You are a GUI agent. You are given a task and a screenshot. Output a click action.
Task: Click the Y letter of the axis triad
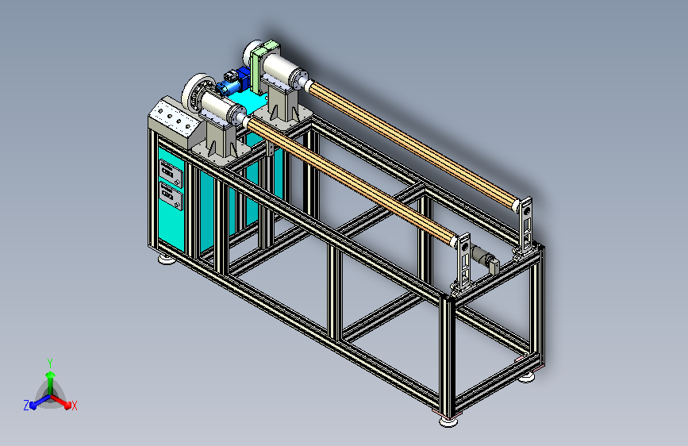50,363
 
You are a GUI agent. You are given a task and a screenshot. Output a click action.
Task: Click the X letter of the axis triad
74,406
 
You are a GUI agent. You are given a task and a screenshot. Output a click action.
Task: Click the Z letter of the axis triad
26,406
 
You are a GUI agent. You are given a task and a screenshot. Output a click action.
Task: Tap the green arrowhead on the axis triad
51,375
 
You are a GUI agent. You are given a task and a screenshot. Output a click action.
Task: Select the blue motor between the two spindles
233,81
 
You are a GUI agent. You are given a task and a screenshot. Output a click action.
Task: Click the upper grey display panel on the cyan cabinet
171,173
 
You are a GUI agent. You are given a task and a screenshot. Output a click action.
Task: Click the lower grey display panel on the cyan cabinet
171,197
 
